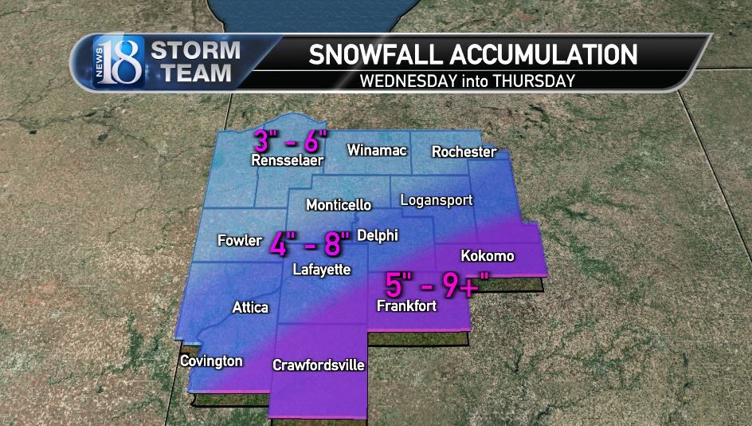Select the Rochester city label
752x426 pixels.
[464, 152]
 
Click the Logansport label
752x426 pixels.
[436, 200]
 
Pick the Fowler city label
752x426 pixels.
[240, 239]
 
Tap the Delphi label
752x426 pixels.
[378, 235]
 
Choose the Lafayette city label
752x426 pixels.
[321, 270]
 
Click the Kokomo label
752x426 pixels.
[488, 256]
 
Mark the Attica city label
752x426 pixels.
[250, 307]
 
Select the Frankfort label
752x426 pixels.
[406, 306]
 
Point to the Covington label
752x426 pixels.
[211, 361]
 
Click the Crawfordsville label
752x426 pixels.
[319, 365]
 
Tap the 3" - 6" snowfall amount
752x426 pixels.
[291, 140]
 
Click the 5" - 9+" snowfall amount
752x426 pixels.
[437, 285]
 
